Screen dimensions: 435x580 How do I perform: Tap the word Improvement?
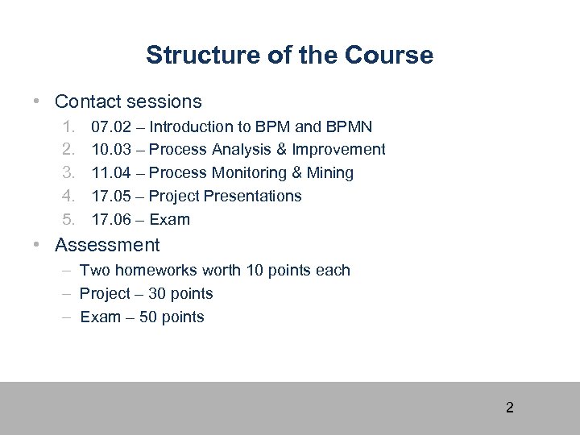tap(338, 150)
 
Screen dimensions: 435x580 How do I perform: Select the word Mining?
tap(330, 173)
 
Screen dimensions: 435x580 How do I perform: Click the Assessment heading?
tap(107, 245)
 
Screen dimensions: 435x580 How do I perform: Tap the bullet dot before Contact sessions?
tap(37, 102)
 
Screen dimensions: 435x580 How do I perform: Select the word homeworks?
tap(152, 271)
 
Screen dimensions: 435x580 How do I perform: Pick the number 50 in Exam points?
tap(148, 317)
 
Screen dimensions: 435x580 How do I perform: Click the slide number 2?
tap(509, 408)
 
